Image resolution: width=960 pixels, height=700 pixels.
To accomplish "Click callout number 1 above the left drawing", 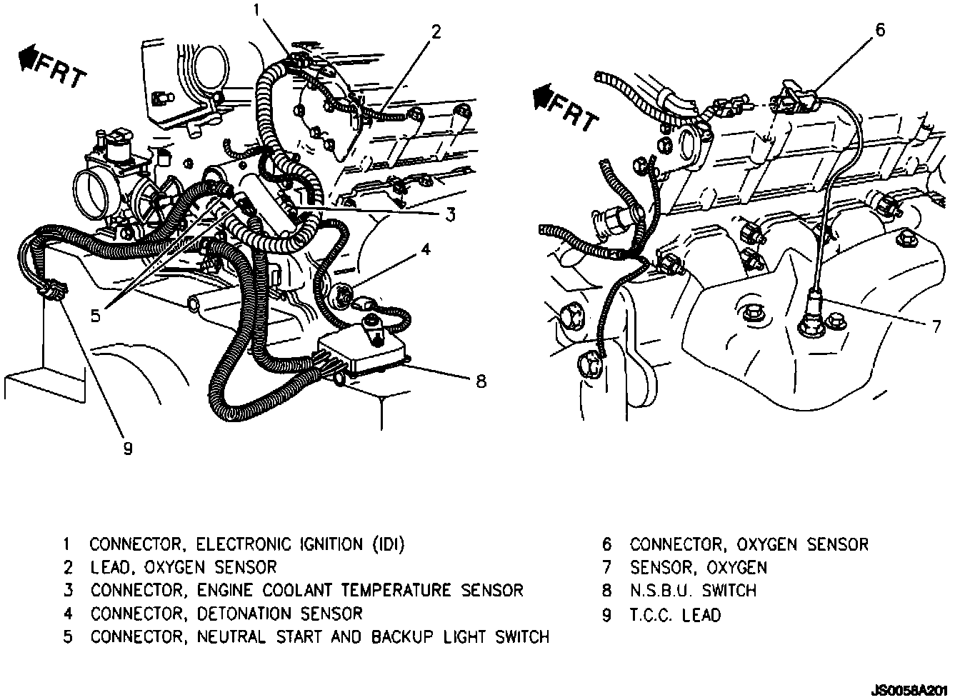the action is click(256, 10).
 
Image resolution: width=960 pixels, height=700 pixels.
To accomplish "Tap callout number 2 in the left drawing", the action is click(436, 31).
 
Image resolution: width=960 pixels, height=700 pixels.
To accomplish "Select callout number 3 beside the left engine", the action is click(450, 214).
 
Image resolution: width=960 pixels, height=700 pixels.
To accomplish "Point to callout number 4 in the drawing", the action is click(426, 249).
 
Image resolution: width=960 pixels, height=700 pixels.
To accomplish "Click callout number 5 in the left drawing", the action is click(95, 316).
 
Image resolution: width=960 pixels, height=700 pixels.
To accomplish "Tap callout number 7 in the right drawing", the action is click(936, 326).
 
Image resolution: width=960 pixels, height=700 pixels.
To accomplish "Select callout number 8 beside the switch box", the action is click(481, 381).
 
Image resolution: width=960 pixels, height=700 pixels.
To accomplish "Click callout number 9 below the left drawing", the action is click(128, 449).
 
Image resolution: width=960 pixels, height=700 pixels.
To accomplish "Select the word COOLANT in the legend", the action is click(297, 591).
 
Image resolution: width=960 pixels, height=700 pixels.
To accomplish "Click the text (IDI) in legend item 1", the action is click(389, 544).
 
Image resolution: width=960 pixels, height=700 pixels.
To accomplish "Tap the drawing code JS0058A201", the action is click(909, 691).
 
